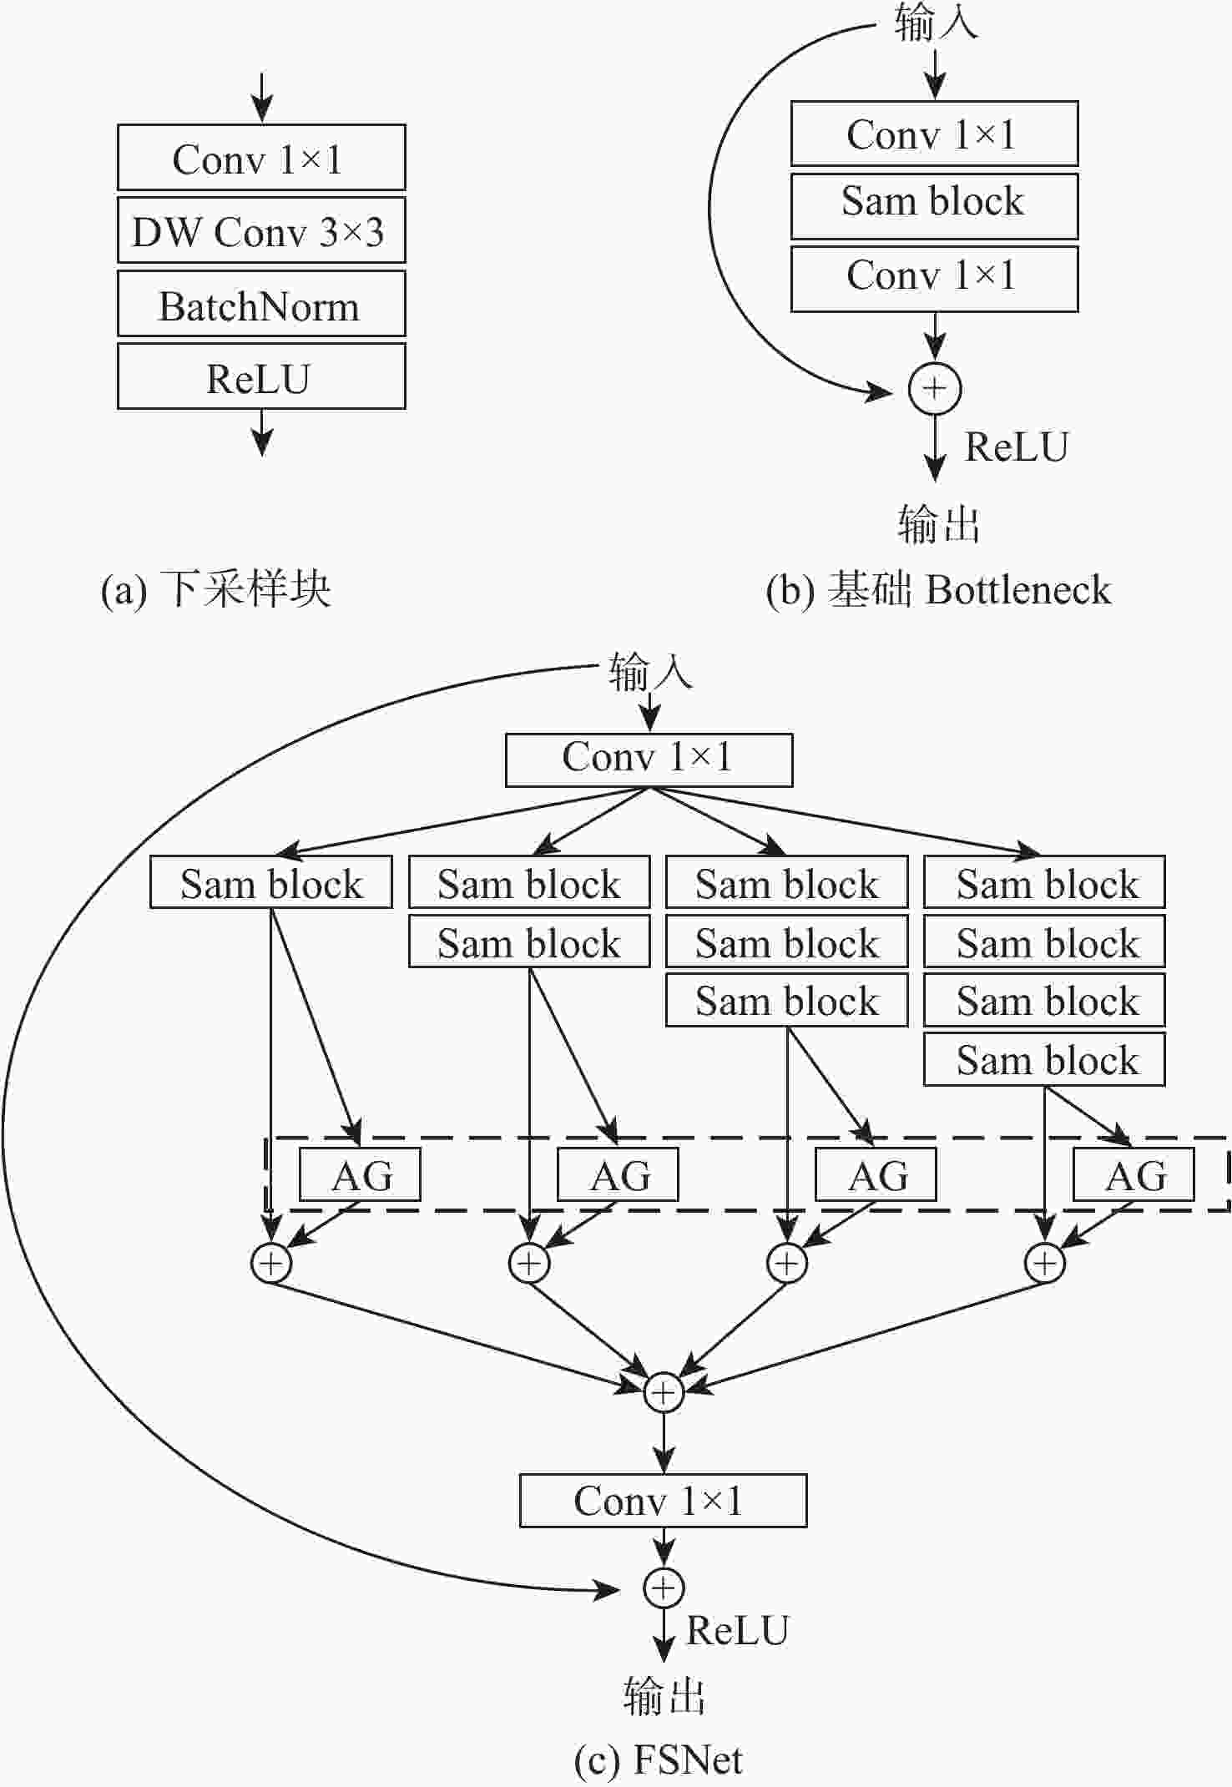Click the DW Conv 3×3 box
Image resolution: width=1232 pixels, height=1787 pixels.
click(x=260, y=231)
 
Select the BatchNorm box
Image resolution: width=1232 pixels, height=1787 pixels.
click(x=260, y=305)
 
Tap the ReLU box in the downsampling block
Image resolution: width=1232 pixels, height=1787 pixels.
click(x=260, y=378)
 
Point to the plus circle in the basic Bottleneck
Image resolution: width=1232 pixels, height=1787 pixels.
click(x=935, y=389)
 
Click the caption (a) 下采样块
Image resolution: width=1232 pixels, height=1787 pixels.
click(x=216, y=589)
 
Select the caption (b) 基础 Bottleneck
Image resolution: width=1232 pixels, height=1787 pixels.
click(x=938, y=589)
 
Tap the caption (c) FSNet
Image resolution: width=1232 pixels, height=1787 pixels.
click(x=659, y=1759)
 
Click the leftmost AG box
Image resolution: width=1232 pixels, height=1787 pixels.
click(x=360, y=1174)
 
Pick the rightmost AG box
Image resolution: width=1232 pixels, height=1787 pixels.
click(x=1133, y=1174)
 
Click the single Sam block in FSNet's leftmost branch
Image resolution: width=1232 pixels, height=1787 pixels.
click(x=270, y=882)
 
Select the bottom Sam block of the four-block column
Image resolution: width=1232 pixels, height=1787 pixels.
click(x=1043, y=1060)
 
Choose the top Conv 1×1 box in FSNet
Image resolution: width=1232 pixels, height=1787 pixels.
click(x=649, y=760)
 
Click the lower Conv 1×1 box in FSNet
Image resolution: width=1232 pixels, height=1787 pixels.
click(x=663, y=1501)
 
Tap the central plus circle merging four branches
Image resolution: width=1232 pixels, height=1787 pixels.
click(x=664, y=1392)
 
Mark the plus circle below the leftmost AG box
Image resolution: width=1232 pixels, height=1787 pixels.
click(x=271, y=1264)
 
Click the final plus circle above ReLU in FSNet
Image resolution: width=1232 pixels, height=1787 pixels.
click(x=664, y=1588)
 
